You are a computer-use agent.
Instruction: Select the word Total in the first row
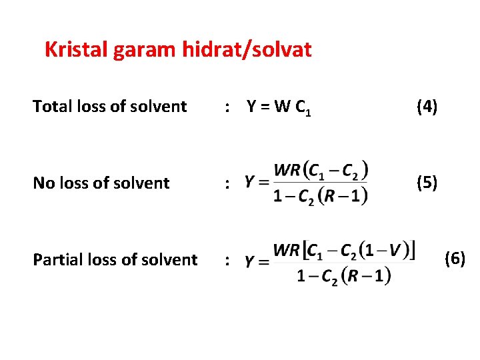coord(51,106)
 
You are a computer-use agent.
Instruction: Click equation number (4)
coord(426,106)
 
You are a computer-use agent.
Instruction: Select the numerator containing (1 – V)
coord(345,251)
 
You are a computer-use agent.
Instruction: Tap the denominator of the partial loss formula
coord(343,275)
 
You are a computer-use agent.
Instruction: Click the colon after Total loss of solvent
coord(228,107)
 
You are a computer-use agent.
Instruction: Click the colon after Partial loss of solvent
coord(228,261)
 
